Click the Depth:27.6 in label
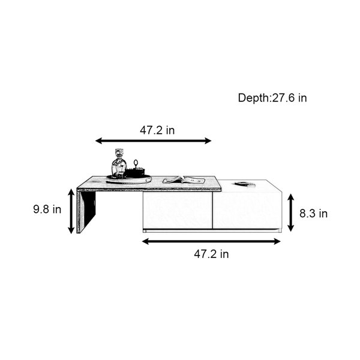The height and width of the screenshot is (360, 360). (272, 98)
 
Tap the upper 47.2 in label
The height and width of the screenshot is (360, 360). (157, 130)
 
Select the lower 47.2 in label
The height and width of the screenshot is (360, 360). (211, 254)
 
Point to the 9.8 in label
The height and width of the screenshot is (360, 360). (47, 209)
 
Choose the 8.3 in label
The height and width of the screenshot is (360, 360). (313, 214)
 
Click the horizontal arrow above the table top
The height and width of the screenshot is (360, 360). (153, 141)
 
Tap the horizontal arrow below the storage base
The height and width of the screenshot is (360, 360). (211, 241)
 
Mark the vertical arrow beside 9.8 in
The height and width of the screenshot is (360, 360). (71, 211)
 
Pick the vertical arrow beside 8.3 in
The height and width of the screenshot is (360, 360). (290, 212)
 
